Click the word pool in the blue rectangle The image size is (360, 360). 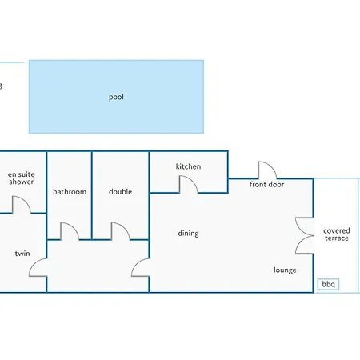point(116,97)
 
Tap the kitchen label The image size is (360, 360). point(188,166)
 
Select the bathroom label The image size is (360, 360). point(70,191)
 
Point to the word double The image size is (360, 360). point(120,191)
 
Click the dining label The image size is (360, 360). point(188,234)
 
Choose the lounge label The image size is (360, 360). point(285,270)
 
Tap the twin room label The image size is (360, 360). point(22,254)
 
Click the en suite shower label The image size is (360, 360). point(22,178)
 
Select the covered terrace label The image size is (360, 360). point(337,234)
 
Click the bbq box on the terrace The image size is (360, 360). point(328,284)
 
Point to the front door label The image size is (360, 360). point(266,184)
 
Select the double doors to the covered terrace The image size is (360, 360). point(304,235)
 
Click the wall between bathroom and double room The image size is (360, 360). point(92,195)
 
